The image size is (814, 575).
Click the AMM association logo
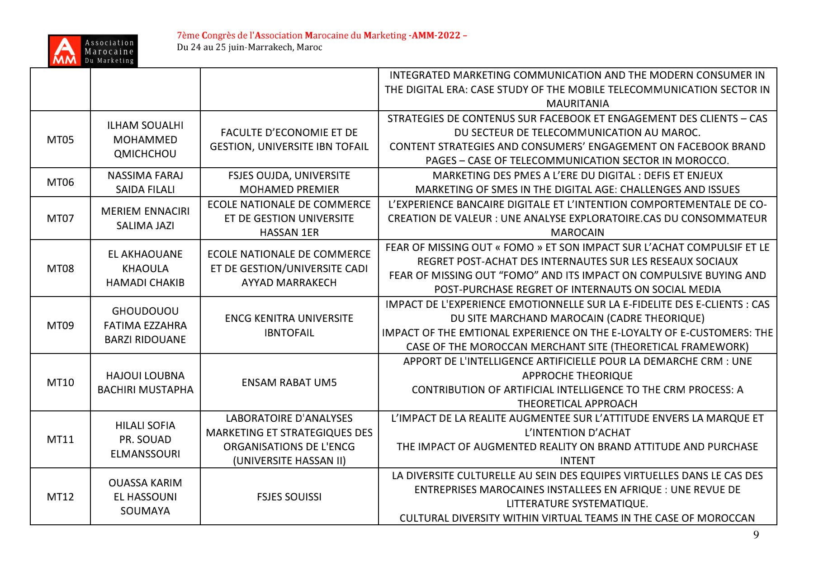[93, 51]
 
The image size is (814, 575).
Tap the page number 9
[756, 535]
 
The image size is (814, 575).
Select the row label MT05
[60, 140]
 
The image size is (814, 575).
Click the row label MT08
[60, 269]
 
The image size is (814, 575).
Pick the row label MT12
[60, 497]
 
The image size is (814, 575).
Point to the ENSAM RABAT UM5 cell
[289, 382]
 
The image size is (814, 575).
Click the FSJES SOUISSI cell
[289, 497]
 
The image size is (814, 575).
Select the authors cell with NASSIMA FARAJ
[145, 182]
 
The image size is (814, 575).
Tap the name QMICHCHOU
[145, 154]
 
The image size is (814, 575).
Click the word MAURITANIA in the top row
[577, 104]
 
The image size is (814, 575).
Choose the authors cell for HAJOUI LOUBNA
[145, 382]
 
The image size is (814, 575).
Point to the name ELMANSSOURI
[145, 454]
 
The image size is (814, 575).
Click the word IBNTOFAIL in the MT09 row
[289, 333]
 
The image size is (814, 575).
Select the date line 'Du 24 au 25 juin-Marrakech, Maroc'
[249, 47]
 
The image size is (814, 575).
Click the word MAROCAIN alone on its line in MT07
[577, 232]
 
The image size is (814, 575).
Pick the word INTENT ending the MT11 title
[577, 461]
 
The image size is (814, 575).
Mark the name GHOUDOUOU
[145, 311]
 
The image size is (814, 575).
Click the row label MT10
[60, 382]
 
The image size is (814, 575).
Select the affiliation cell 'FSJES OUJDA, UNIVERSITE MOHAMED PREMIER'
[289, 182]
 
